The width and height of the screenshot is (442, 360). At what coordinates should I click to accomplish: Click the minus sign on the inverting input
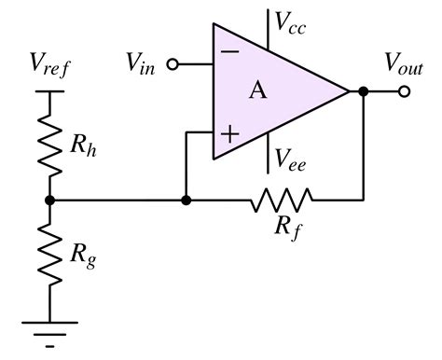pyautogui.click(x=227, y=52)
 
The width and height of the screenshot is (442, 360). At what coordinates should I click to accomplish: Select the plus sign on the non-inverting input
pyautogui.click(x=228, y=133)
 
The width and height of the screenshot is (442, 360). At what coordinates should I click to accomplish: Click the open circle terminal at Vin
pyautogui.click(x=172, y=64)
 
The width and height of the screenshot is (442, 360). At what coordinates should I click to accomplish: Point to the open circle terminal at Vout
pyautogui.click(x=404, y=91)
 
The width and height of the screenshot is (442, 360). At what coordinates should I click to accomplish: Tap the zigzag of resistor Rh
pyautogui.click(x=50, y=145)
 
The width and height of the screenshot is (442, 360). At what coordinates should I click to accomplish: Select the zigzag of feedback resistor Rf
pyautogui.click(x=280, y=200)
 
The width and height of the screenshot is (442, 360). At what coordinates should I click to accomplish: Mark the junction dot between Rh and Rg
pyautogui.click(x=50, y=200)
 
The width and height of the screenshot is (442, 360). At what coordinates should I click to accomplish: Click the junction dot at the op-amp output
pyautogui.click(x=363, y=91)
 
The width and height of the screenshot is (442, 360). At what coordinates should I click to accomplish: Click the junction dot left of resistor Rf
pyautogui.click(x=186, y=200)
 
